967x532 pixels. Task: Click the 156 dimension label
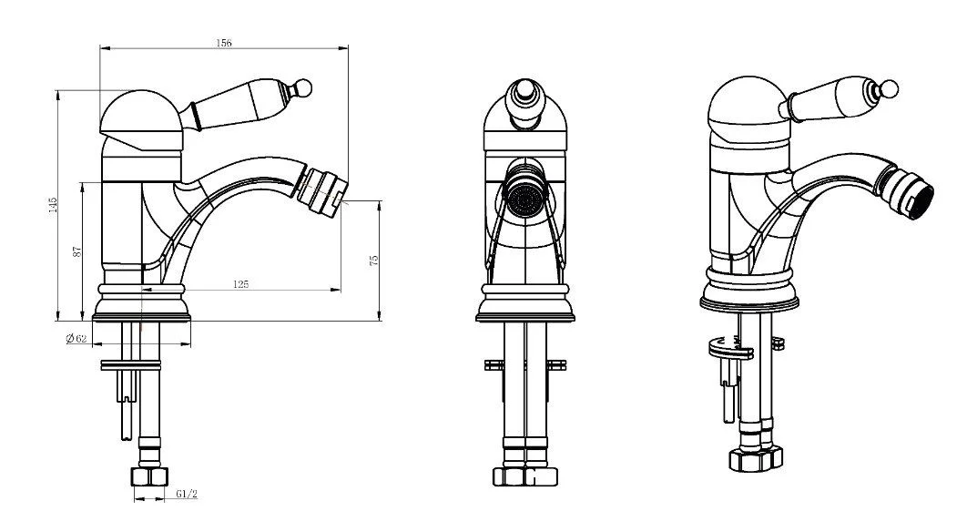[x=224, y=43]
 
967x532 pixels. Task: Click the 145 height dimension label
[x=53, y=206]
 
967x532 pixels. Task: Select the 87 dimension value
[x=77, y=251]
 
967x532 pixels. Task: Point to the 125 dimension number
[x=241, y=284]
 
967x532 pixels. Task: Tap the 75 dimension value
[x=373, y=261]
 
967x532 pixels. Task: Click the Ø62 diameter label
[x=76, y=338]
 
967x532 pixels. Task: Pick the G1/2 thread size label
[x=187, y=494]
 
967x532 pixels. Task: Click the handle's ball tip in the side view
[x=303, y=87]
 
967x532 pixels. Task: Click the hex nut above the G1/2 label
[x=150, y=476]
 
